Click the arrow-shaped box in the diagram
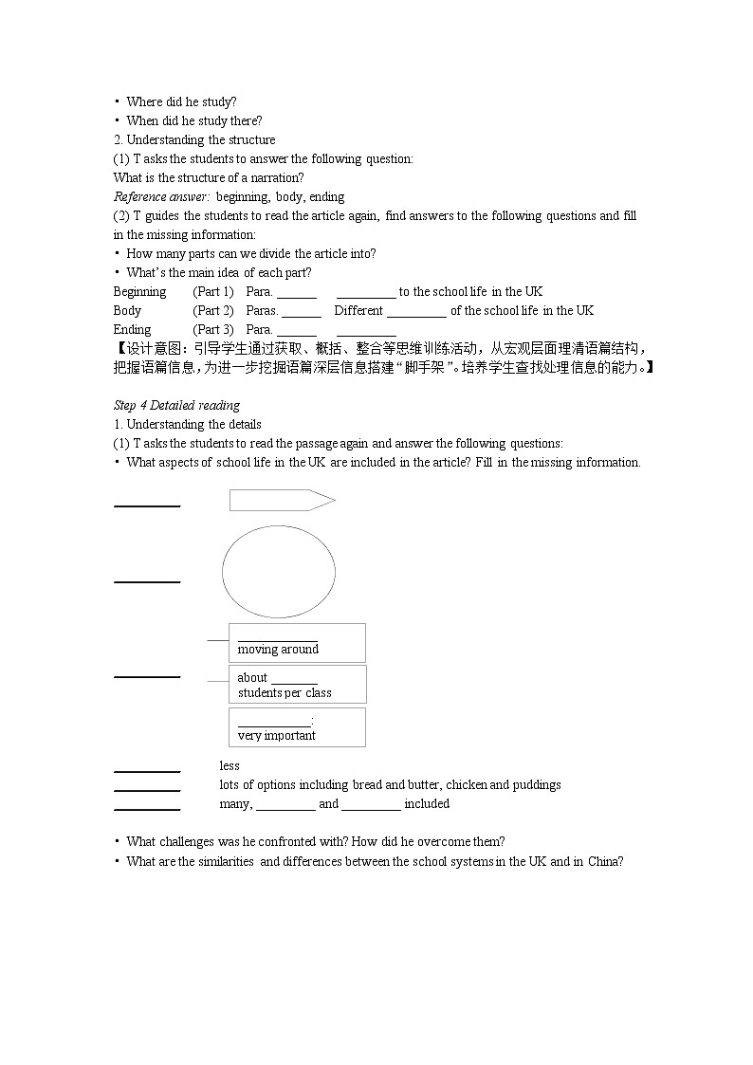[282, 500]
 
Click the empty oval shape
[279, 572]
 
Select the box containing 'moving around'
[297, 642]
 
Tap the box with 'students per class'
[297, 685]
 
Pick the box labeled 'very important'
[297, 727]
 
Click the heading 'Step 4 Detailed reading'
[176, 406]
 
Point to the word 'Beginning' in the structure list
[139, 292]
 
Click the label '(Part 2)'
[212, 311]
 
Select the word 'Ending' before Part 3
[132, 330]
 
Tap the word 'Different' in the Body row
[358, 311]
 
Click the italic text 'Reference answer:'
[161, 197]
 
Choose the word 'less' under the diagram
[230, 766]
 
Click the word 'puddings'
[538, 785]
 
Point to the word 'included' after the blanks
[427, 804]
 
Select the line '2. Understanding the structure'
[193, 140]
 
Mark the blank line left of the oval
[147, 580]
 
